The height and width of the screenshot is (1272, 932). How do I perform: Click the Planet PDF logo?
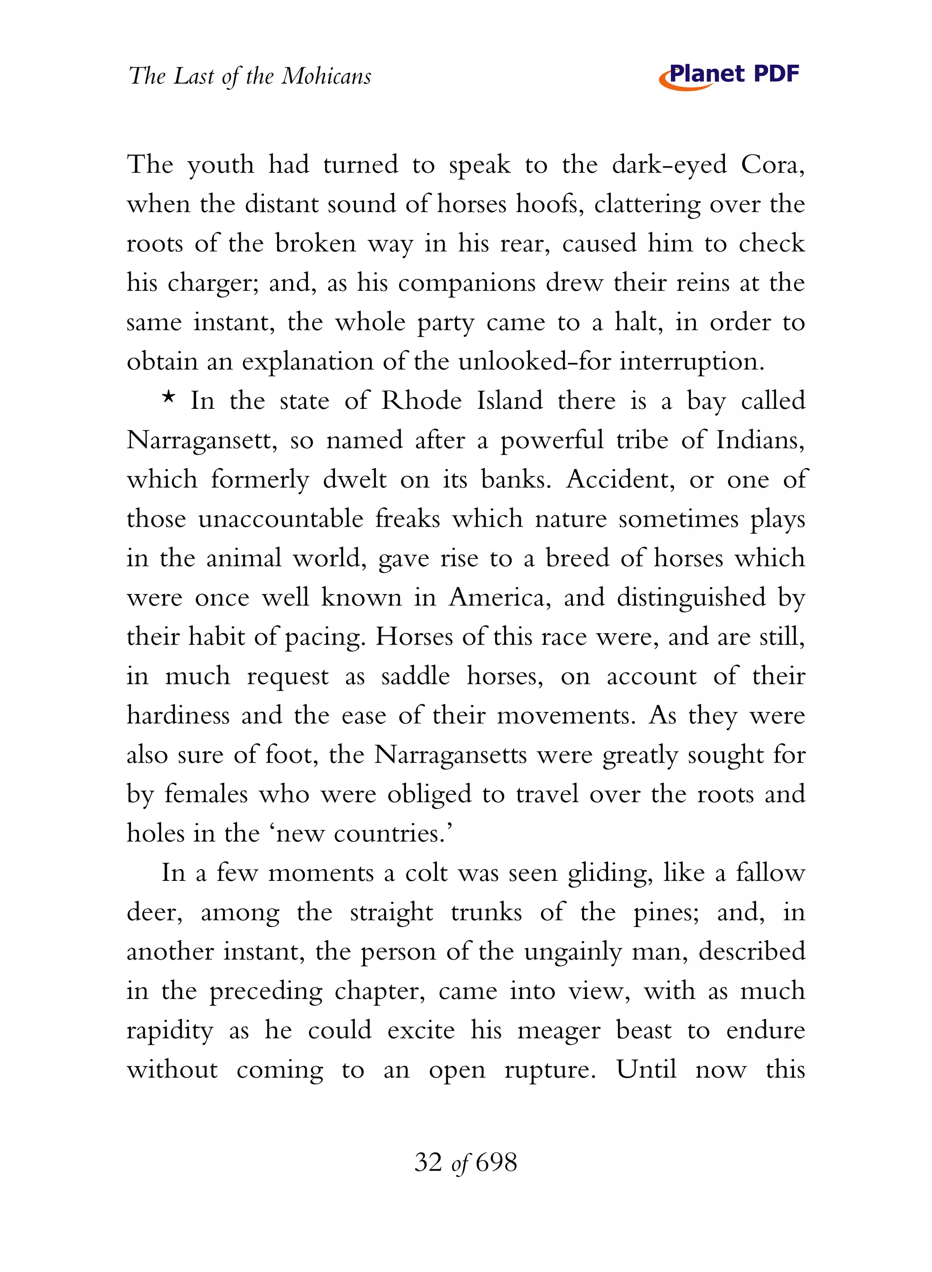pyautogui.click(x=729, y=76)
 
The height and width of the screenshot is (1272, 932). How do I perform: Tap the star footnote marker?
pyautogui.click(x=168, y=397)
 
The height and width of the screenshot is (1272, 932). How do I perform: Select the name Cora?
pyautogui.click(x=772, y=165)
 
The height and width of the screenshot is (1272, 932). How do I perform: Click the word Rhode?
pyautogui.click(x=421, y=401)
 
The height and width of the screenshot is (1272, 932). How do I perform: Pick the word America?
pyautogui.click(x=499, y=598)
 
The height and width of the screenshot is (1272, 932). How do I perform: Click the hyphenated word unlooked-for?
pyautogui.click(x=534, y=361)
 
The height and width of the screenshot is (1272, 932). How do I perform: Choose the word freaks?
pyautogui.click(x=407, y=519)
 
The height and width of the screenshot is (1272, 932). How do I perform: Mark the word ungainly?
pyautogui.click(x=572, y=952)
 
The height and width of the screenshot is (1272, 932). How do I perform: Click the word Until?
pyautogui.click(x=646, y=1069)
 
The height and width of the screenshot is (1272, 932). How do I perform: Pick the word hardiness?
pyautogui.click(x=178, y=716)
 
